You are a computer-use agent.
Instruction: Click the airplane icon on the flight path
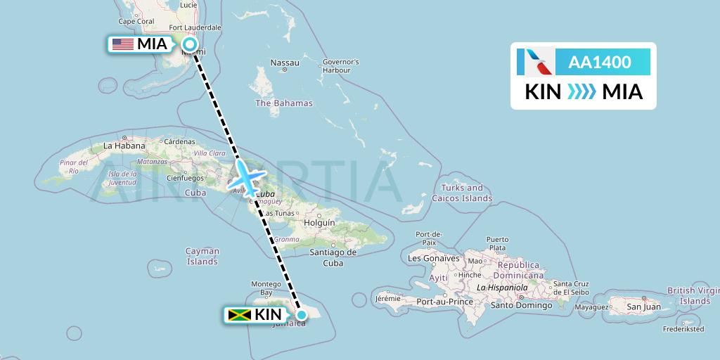[x=247, y=175]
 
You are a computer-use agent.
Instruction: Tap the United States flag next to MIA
[x=123, y=44]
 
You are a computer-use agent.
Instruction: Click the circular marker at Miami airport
[x=190, y=44]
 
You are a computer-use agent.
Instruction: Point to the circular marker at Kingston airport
[x=301, y=314]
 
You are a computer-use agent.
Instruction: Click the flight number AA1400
[x=599, y=62]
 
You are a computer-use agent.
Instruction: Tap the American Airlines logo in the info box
[x=534, y=62]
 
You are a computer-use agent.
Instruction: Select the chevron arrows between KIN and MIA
[x=581, y=91]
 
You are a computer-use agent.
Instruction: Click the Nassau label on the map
[x=285, y=63]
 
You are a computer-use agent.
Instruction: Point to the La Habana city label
[x=124, y=146]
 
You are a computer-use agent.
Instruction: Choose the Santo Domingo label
[x=520, y=305]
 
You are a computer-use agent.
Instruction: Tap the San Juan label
[x=644, y=307]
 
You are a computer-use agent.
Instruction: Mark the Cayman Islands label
[x=202, y=256]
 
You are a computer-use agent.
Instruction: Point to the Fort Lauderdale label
[x=195, y=28]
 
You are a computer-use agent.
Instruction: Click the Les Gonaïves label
[x=433, y=258]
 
